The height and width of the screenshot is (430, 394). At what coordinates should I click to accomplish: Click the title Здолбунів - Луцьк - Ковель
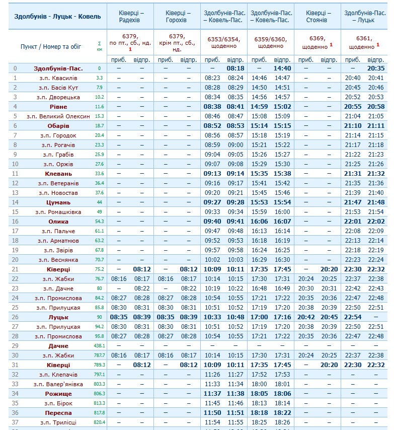[57, 16]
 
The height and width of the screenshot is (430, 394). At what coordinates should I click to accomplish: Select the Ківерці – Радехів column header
[131, 16]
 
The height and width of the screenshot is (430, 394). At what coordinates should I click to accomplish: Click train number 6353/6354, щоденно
[223, 42]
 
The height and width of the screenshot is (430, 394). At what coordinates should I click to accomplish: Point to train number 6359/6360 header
[271, 42]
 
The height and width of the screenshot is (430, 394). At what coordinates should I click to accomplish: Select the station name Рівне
[58, 107]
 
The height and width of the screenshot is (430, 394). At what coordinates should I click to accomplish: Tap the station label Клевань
[58, 174]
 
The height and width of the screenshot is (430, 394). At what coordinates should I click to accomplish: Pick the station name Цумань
[58, 202]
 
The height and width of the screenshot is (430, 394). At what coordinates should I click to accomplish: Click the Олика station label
[58, 222]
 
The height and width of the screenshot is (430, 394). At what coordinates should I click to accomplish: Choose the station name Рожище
[58, 394]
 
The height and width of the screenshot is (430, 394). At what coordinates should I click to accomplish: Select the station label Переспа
[58, 413]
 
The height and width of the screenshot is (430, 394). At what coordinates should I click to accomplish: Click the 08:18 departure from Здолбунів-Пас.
[235, 68]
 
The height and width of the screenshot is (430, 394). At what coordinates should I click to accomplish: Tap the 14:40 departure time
[282, 68]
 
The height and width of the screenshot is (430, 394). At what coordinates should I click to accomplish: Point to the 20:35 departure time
[376, 68]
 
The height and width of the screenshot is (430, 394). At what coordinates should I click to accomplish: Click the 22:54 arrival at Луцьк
[353, 317]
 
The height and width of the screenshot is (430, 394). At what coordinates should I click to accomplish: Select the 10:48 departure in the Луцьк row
[235, 317]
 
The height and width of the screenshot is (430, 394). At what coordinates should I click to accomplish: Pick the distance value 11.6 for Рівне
[99, 107]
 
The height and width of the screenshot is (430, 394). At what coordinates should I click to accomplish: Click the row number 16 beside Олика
[15, 222]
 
